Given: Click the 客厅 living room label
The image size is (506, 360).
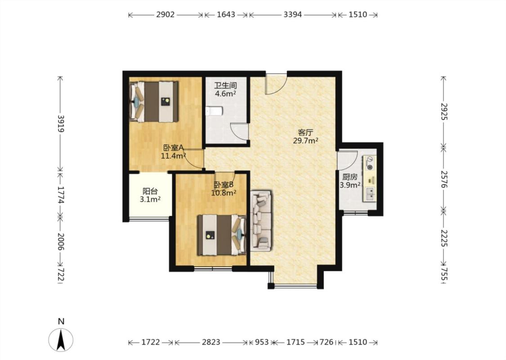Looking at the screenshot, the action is (x=305, y=132).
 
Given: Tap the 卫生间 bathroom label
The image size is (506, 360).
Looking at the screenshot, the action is (x=226, y=85).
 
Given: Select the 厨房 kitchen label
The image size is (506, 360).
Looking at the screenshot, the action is (x=350, y=177).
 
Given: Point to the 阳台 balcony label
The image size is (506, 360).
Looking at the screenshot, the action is (x=150, y=191).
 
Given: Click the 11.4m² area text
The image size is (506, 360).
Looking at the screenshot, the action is (x=173, y=156).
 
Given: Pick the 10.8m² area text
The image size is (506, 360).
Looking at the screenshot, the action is (x=224, y=193).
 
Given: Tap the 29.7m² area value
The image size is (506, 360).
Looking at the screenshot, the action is (x=305, y=140).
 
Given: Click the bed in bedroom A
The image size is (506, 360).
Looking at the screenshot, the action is (x=154, y=102).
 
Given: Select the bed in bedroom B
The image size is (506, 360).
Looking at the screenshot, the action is (x=222, y=235).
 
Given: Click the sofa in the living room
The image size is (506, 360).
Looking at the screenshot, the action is (x=261, y=220).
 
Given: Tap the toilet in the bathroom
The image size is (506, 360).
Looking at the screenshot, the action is (x=214, y=111).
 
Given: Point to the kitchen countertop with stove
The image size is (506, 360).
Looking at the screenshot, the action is (x=370, y=179).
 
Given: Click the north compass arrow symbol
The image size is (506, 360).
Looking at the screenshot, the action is (x=61, y=339).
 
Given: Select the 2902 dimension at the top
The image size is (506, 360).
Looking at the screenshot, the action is (x=165, y=14).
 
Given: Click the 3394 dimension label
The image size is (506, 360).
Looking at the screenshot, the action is (x=293, y=14).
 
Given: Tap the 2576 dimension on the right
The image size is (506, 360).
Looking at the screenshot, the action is (x=444, y=180).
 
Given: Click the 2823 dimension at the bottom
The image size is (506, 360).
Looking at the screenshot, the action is (x=211, y=342).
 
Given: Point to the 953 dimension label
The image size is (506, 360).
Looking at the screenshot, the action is (x=261, y=342).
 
